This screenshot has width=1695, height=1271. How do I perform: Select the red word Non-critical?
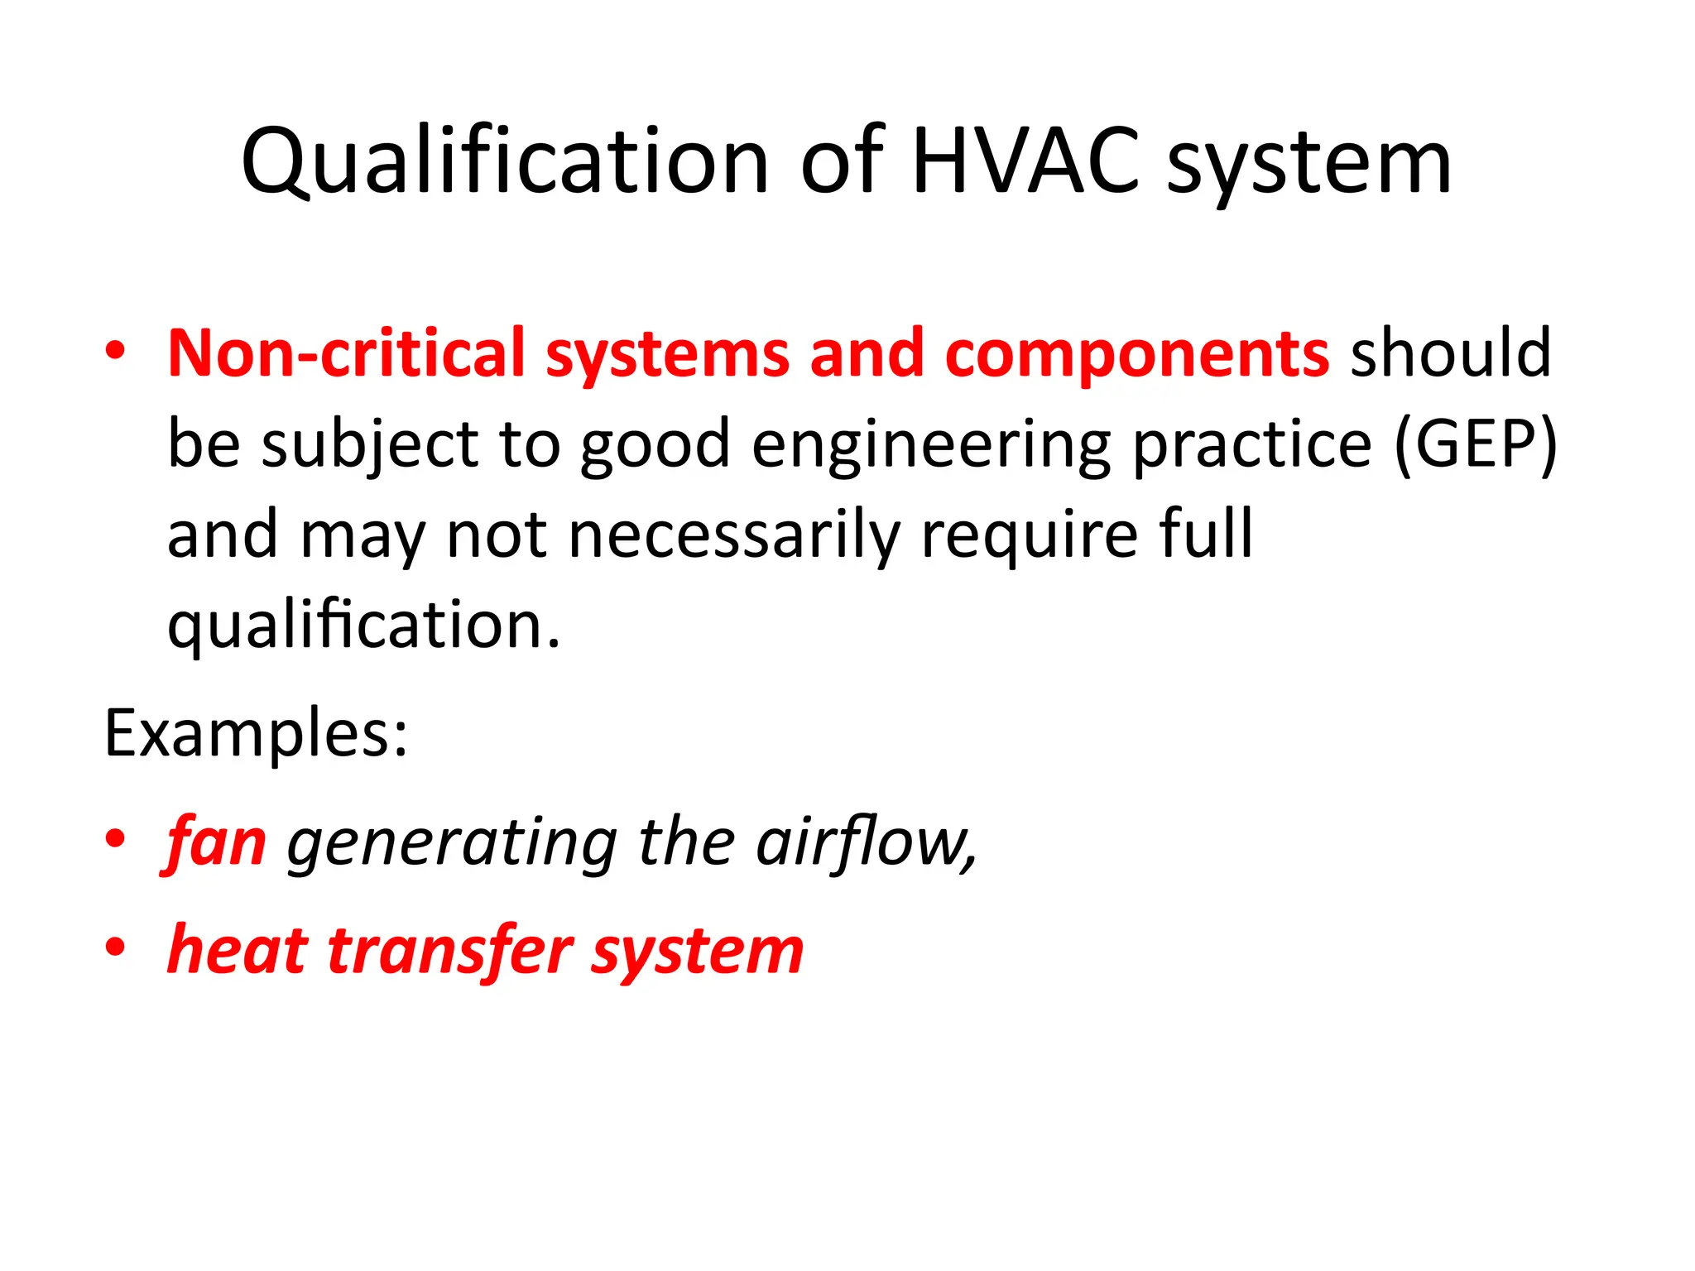click(347, 353)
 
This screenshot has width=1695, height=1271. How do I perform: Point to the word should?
click(1451, 353)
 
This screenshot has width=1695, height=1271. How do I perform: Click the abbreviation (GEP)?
click(1476, 444)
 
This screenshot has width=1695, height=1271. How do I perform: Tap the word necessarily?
click(735, 535)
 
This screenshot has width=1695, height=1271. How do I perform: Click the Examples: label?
click(256, 733)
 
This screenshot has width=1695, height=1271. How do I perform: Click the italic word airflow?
click(866, 842)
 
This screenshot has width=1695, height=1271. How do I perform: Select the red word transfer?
click(451, 951)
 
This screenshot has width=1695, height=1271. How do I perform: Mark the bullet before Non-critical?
click(115, 352)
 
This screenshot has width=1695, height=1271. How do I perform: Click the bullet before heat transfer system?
click(115, 947)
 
